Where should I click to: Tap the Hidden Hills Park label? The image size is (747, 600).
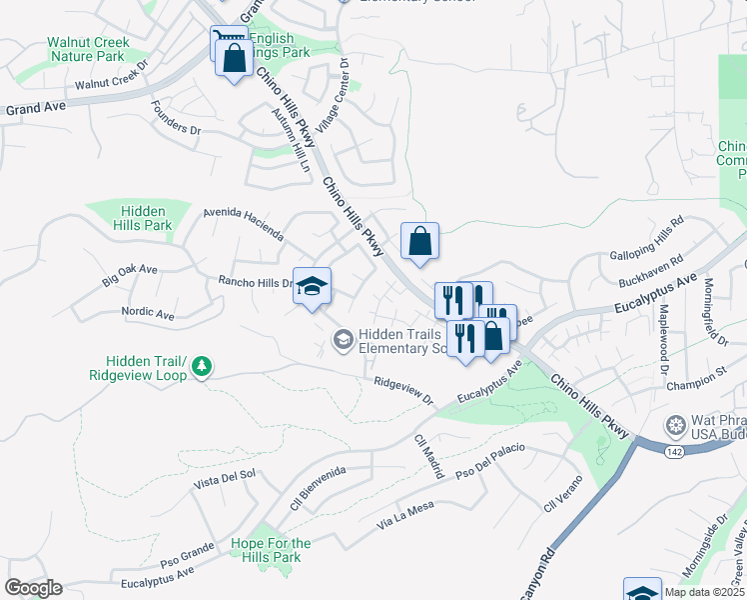(146, 218)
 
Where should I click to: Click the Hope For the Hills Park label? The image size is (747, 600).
(271, 550)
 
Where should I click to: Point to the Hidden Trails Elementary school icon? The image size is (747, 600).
(343, 341)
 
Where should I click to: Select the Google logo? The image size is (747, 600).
(33, 588)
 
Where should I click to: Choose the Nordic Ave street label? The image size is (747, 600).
(148, 314)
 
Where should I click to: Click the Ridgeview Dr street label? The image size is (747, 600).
(403, 390)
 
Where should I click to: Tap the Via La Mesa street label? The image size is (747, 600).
(405, 516)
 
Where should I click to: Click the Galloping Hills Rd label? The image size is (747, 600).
(647, 238)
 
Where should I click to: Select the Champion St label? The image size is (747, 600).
(697, 380)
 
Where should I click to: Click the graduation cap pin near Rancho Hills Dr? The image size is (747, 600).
(312, 286)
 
